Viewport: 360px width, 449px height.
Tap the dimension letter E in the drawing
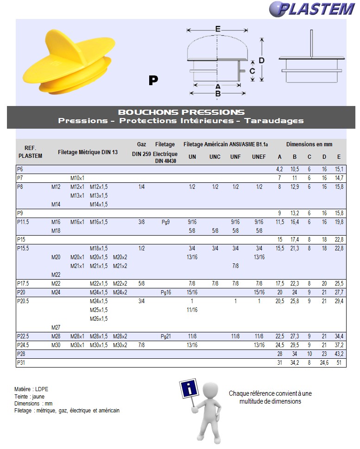pos(218,29)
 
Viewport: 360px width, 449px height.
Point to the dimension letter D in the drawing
pos(262,61)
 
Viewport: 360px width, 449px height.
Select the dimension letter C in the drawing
pos(252,71)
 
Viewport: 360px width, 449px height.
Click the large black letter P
pos(153,80)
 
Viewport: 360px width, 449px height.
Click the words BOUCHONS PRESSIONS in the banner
pos(181,112)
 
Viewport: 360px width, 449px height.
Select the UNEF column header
pos(259,157)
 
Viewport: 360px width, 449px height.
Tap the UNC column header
pos(215,157)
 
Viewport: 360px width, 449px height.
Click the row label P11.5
pos(23,222)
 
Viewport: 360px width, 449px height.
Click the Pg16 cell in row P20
pos(166,293)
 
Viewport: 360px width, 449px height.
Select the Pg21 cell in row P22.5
pos(166,337)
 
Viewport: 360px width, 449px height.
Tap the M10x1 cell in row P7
pos(77,178)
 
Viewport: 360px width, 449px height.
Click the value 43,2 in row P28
pos(339,354)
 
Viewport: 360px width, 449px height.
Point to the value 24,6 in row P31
pos(324,363)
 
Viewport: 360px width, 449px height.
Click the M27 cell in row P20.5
pos(56,328)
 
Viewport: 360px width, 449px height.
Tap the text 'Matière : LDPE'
pos(32,389)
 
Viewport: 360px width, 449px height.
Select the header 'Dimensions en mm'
pos(309,144)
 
